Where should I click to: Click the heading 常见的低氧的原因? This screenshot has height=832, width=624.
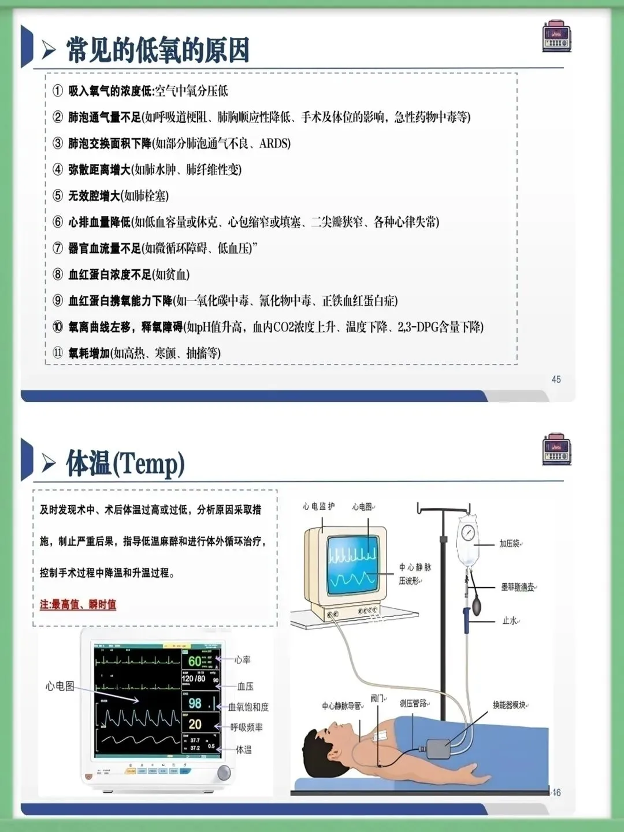tap(157, 50)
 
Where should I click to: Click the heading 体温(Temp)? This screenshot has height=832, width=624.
tap(125, 463)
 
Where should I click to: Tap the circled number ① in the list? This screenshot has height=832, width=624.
tap(58, 91)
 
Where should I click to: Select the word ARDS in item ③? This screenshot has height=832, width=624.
tap(275, 143)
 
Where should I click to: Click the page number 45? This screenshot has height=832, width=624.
tap(556, 380)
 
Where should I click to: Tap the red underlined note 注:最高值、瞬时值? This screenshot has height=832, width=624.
tap(78, 604)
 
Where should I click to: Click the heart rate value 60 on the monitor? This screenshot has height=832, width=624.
tap(195, 660)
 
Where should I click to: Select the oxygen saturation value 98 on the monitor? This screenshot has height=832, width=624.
tap(195, 703)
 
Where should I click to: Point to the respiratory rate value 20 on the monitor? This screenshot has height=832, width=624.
tap(195, 724)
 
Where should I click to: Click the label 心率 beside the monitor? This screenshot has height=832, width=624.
tap(243, 660)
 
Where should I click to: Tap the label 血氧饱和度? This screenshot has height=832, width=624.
tap(248, 707)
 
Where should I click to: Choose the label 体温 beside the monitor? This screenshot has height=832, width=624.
tap(244, 749)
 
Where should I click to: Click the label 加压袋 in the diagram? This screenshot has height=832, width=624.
tap(509, 544)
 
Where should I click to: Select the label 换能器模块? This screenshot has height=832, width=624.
tap(509, 705)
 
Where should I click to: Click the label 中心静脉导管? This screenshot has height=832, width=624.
tap(342, 705)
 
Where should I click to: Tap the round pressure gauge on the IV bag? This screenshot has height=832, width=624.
tap(467, 532)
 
